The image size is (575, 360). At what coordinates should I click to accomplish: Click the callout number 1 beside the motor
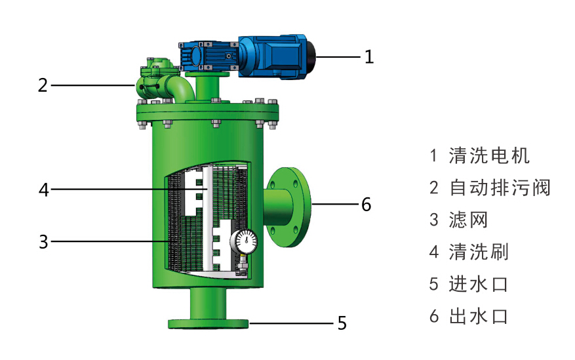[369, 57]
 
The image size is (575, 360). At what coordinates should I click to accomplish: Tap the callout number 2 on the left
[43, 85]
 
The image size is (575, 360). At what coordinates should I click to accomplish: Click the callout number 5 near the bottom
[342, 323]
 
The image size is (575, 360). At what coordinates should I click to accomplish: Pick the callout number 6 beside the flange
[366, 205]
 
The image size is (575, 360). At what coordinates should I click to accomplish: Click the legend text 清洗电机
[489, 155]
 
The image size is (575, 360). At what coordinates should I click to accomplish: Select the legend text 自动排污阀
[500, 188]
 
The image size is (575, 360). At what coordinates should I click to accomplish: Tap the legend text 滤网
[468, 220]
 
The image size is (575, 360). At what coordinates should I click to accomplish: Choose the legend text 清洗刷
[479, 252]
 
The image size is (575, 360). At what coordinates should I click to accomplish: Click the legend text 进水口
[479, 284]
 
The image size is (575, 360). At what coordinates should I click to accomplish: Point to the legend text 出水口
[479, 316]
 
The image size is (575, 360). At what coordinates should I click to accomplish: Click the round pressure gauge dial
[244, 241]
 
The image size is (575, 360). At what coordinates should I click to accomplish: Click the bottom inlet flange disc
[208, 323]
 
